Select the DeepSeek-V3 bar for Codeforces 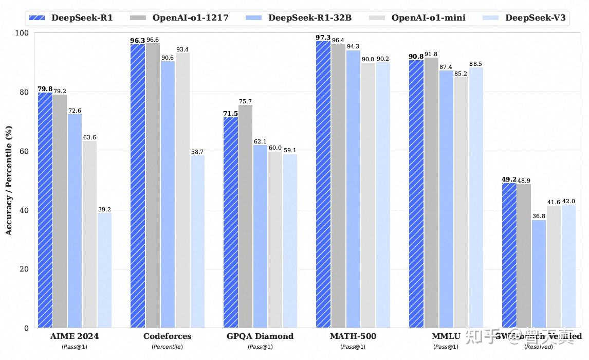(x=197, y=242)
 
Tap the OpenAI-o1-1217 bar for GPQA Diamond (x=246, y=216)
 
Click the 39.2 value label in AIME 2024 (x=105, y=209)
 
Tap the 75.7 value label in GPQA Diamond (x=246, y=101)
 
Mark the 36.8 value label (x=539, y=217)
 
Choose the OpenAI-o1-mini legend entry (x=428, y=17)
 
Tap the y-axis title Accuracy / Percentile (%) (x=9, y=180)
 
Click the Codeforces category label (x=167, y=336)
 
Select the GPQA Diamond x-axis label (x=260, y=336)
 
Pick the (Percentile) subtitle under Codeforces (x=167, y=347)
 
